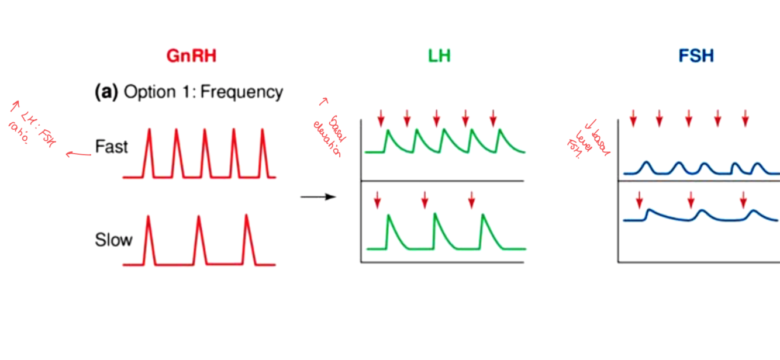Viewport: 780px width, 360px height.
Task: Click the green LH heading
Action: point(439,56)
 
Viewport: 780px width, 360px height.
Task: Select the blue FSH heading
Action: point(696,56)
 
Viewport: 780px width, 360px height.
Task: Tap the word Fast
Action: point(111,146)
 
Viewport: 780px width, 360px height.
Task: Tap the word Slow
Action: point(113,240)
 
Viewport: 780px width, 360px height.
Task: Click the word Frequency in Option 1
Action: point(242,92)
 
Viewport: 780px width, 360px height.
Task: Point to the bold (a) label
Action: point(107,92)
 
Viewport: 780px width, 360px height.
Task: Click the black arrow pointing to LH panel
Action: point(318,197)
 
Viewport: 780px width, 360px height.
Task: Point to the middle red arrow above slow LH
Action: point(424,200)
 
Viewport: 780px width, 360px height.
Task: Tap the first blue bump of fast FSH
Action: point(646,166)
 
